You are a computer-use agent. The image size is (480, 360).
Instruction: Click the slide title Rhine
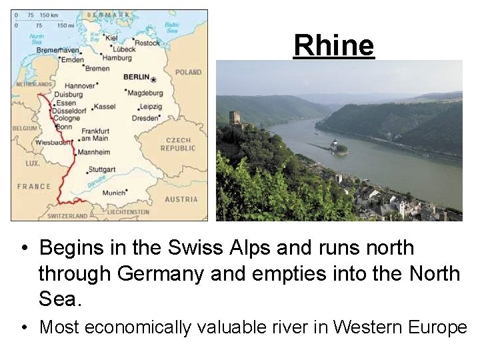(334, 45)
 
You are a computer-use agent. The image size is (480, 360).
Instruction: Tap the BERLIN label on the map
(136, 77)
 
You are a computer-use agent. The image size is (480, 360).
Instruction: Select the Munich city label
(113, 193)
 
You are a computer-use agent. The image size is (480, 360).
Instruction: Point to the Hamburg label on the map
(117, 58)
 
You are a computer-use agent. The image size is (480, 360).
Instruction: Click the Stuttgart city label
(102, 169)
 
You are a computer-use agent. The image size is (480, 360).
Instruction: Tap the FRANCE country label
(33, 186)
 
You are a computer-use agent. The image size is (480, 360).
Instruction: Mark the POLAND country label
(188, 72)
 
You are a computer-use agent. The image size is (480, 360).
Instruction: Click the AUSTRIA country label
(181, 199)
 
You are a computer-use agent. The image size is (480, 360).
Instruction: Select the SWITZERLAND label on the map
(67, 216)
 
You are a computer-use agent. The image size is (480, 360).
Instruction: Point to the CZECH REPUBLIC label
(178, 145)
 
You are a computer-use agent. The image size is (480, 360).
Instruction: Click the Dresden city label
(145, 118)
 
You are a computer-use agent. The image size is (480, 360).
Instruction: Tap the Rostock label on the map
(147, 43)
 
